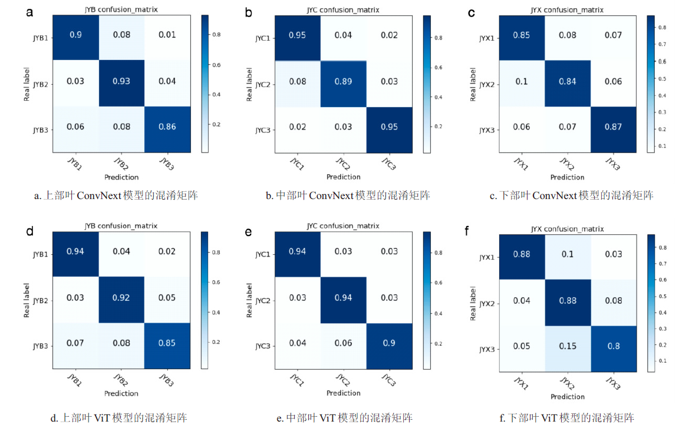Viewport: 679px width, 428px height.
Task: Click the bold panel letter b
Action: pyautogui.click(x=250, y=12)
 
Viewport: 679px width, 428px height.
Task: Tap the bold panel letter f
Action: pyautogui.click(x=467, y=230)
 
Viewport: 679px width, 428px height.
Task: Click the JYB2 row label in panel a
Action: pyautogui.click(x=39, y=84)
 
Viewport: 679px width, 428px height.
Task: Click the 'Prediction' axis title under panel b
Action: pyautogui.click(x=343, y=177)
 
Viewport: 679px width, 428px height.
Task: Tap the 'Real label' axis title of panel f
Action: pyautogui.click(x=474, y=303)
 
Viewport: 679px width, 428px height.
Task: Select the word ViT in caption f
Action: pyautogui.click(x=552, y=419)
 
